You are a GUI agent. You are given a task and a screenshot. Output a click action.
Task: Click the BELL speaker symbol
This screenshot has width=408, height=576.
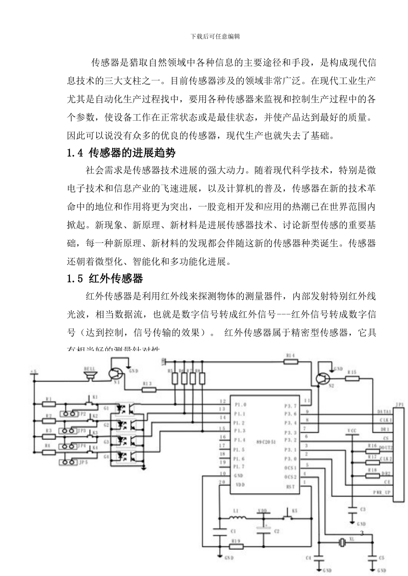click(x=90, y=376)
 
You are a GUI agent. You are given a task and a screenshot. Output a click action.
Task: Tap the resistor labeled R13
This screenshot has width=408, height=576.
click(x=149, y=390)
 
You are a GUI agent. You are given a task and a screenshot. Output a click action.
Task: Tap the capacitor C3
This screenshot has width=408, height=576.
click(x=352, y=509)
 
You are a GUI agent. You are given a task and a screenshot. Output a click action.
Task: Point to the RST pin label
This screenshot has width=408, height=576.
click(x=290, y=486)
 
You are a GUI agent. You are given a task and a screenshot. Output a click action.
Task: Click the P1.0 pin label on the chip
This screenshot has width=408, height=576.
click(x=240, y=404)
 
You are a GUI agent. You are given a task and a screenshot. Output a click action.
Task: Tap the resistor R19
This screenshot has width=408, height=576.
click(x=237, y=547)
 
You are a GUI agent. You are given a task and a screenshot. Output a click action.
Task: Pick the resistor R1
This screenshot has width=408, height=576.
click(x=49, y=404)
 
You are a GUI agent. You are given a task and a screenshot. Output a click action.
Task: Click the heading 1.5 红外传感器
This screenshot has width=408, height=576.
click(x=105, y=279)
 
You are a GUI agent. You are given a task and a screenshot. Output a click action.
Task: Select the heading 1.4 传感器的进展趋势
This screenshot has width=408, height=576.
click(x=122, y=152)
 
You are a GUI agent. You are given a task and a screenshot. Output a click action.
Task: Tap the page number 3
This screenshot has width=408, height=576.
click(x=362, y=534)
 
